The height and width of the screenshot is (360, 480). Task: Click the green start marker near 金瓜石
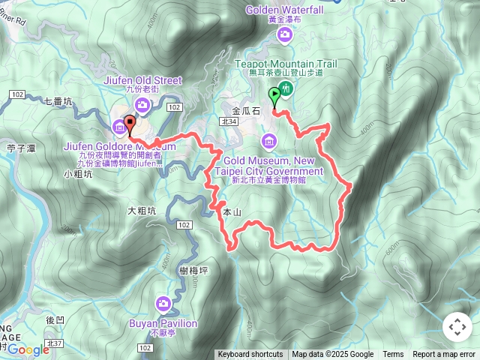pos(274,97)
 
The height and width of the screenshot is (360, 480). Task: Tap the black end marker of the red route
pos(129,125)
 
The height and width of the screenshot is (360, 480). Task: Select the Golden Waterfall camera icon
pos(284,34)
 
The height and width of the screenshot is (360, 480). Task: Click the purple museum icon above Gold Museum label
pos(269,140)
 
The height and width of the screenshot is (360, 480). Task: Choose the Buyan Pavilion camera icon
pos(163,304)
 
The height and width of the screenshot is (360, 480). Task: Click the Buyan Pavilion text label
pos(162,323)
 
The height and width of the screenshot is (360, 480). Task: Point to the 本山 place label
pos(232,213)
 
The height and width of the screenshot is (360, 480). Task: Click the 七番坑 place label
pos(58,100)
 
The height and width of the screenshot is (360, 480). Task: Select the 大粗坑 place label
pos(142,211)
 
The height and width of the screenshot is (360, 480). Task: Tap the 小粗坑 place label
pos(78,174)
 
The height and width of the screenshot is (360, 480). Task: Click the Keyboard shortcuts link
pos(250,355)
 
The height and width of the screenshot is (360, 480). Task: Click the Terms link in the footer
pos(393,355)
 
